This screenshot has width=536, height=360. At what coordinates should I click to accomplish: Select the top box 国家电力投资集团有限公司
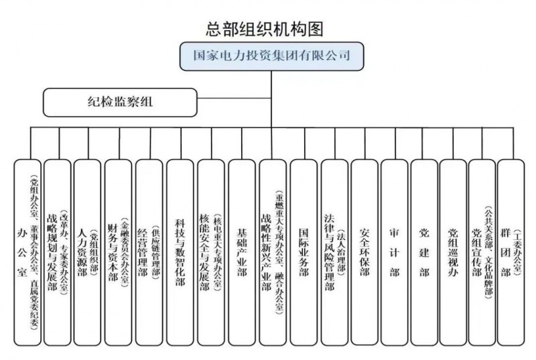(x=267, y=56)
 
